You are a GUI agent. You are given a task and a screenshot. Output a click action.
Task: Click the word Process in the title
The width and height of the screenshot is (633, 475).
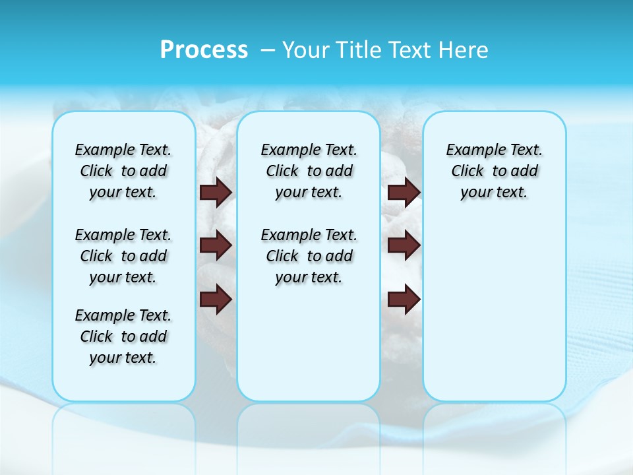[x=204, y=50]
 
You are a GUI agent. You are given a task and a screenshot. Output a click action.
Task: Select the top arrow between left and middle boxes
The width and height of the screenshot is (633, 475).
[x=216, y=192]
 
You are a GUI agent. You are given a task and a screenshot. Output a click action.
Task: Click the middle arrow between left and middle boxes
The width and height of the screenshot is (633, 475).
[x=216, y=245]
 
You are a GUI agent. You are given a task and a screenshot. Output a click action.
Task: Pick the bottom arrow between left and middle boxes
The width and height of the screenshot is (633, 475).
[x=216, y=300]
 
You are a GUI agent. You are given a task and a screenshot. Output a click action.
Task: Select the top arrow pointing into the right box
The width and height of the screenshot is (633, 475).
[x=404, y=192]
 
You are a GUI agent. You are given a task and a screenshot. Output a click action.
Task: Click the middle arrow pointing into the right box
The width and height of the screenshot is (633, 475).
[x=404, y=245]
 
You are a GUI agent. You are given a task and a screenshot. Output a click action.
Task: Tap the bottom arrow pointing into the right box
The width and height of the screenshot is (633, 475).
[x=404, y=300]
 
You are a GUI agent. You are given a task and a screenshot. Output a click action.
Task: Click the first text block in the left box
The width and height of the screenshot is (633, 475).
[x=123, y=171]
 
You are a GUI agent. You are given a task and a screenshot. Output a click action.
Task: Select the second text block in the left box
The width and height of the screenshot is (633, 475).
[x=123, y=256]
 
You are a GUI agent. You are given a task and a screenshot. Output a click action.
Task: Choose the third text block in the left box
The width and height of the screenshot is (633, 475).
[x=123, y=336]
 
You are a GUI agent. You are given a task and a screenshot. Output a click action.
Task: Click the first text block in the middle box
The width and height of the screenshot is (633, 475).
[x=309, y=171]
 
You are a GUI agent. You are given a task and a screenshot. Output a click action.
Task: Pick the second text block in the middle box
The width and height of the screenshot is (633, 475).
[x=309, y=256]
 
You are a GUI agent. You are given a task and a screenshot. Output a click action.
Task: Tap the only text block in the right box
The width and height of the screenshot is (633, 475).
[x=494, y=171]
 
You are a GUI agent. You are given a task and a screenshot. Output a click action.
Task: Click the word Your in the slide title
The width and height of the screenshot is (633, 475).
[x=307, y=50]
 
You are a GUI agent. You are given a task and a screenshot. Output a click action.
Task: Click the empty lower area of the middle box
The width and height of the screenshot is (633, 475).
[x=309, y=343]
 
